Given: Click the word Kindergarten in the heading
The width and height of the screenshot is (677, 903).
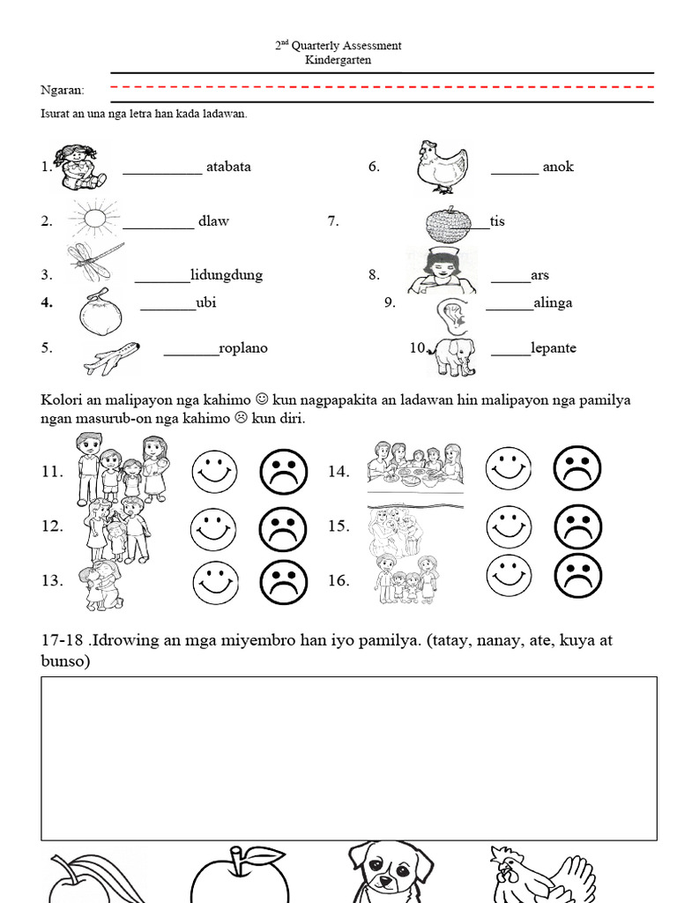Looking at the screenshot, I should pyautogui.click(x=338, y=60).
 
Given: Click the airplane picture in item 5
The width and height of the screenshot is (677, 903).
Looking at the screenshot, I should pyautogui.click(x=112, y=357).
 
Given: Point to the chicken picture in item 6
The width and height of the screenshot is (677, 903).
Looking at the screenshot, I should pyautogui.click(x=441, y=166).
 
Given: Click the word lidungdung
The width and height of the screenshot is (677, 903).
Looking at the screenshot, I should pyautogui.click(x=227, y=275).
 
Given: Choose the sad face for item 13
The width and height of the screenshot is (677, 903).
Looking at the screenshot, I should pyautogui.click(x=283, y=581).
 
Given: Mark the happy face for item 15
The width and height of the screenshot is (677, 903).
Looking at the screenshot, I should pyautogui.click(x=510, y=526).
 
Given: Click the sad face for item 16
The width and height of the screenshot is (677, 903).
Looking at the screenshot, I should pyautogui.click(x=577, y=577).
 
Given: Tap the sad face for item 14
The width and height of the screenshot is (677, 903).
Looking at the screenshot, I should pyautogui.click(x=577, y=470).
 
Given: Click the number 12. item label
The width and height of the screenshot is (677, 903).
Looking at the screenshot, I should pyautogui.click(x=52, y=526).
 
